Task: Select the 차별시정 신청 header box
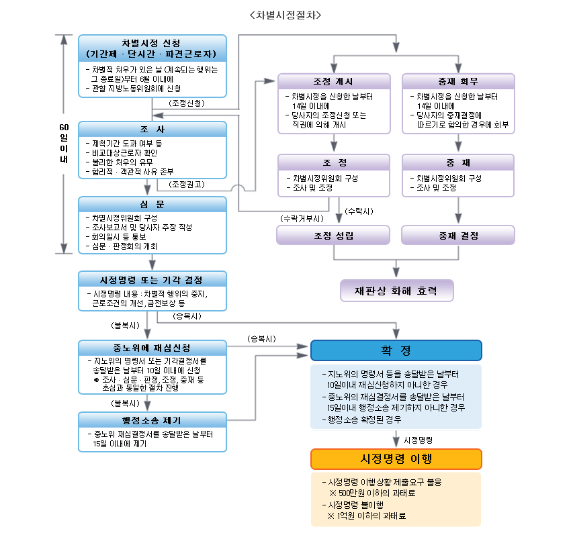[x=152, y=48]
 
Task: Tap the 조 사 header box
[x=152, y=129]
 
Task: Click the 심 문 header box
[x=152, y=204]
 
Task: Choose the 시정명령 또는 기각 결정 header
[x=152, y=279]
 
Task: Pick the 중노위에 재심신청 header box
[x=152, y=348]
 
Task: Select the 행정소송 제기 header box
[x=152, y=420]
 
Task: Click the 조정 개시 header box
[x=334, y=81]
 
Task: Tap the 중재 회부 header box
[x=458, y=81]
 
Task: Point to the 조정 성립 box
[x=334, y=235]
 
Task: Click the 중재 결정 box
[x=458, y=235]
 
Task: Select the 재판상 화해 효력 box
[x=397, y=291]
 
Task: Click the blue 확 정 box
[x=396, y=350]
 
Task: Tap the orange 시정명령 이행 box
[x=396, y=459]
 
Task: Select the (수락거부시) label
[x=302, y=218]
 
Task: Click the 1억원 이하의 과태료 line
[x=372, y=516]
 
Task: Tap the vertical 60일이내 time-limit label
[x=64, y=144]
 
